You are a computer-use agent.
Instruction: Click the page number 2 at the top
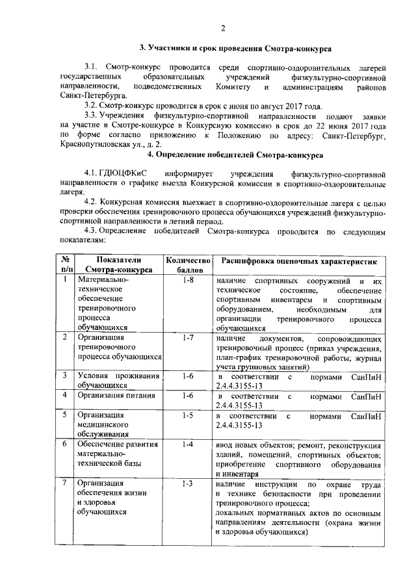coord(222,28)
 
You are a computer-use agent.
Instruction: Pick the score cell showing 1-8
coord(188,280)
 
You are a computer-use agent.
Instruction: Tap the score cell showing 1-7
coord(188,339)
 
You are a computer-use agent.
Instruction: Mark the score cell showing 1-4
coord(188,444)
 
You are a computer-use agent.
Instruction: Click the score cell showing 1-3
coord(188,483)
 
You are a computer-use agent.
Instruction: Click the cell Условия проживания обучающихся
coord(118,380)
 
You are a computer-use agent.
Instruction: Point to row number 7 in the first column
coord(65,483)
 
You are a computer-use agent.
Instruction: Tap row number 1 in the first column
coord(65,280)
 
